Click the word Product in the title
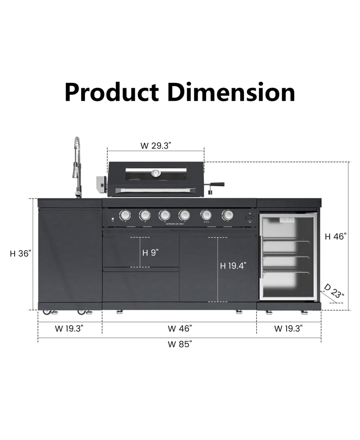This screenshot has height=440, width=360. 111,92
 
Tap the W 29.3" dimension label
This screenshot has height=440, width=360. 156,146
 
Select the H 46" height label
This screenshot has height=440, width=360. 336,237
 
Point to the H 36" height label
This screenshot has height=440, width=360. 20,254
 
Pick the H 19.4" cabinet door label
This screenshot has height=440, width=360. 233,266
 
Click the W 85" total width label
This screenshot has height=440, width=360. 180,344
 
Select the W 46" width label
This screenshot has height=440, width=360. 180,329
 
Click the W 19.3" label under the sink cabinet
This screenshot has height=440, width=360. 69,329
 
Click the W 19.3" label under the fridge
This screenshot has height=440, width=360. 288,329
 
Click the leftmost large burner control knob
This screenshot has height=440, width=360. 125,215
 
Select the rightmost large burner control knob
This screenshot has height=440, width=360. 228,215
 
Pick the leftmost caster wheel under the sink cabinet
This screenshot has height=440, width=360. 46,312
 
